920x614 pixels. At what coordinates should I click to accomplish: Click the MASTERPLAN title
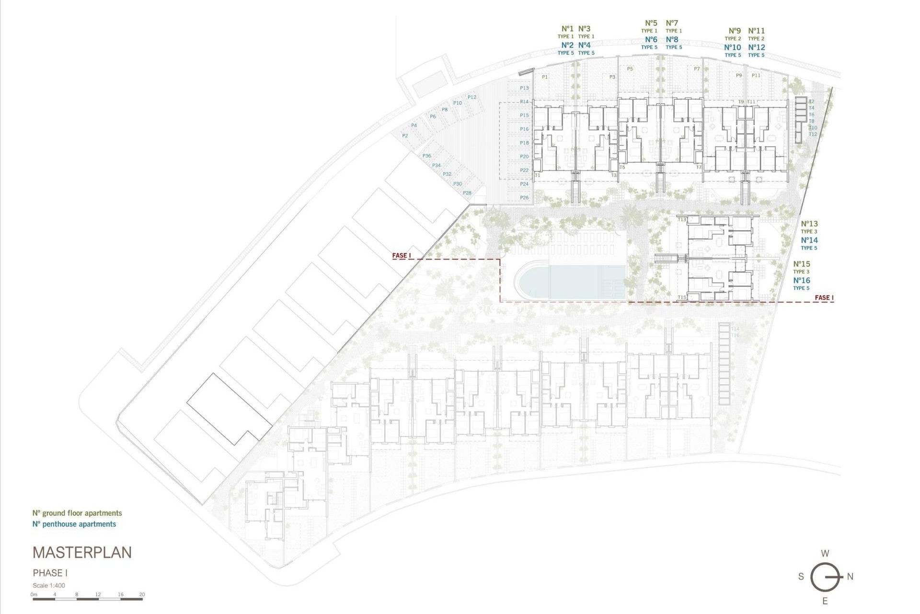82,553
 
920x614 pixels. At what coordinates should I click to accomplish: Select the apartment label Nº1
567,29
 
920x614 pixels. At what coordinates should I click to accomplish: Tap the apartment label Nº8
672,40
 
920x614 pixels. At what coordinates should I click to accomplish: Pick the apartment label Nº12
757,47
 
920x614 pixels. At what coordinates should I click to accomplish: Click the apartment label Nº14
809,240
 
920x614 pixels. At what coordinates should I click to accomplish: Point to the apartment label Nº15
802,264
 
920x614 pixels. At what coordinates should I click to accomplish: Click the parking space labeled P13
524,88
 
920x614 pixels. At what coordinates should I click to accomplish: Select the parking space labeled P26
524,198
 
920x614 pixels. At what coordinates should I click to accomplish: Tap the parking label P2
405,136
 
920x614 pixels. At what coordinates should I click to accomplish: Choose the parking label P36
426,156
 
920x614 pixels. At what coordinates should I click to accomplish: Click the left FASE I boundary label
402,256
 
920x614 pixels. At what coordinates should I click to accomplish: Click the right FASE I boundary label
824,298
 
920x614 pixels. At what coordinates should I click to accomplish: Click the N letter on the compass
850,577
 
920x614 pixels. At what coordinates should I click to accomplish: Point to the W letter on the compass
825,554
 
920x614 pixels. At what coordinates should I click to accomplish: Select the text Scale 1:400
49,586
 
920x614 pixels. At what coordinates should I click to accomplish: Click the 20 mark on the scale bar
142,595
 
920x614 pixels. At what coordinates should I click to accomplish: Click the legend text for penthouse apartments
74,524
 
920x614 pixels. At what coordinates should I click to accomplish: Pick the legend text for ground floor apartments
77,513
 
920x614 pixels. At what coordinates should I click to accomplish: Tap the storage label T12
813,134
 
